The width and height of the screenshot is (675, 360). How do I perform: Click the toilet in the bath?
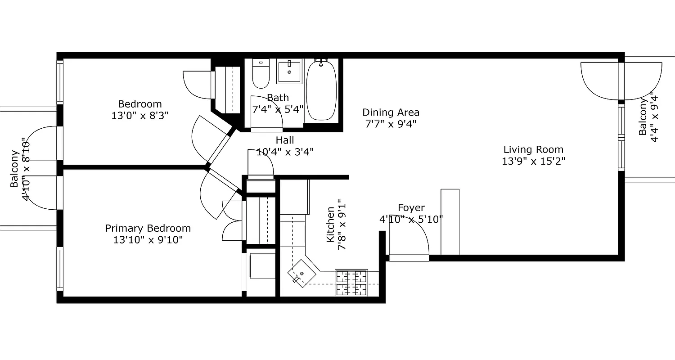click(260, 74)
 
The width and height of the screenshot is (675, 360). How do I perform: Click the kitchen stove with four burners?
click(351, 283)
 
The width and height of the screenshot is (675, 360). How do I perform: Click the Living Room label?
click(533, 149)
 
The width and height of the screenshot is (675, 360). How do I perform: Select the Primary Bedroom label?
click(148, 228)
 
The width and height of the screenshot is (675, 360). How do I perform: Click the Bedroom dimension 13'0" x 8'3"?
click(139, 116)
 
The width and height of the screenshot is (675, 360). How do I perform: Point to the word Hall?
click(285, 140)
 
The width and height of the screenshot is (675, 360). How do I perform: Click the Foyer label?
click(411, 207)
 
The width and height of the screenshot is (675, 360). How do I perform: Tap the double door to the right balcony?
click(621, 81)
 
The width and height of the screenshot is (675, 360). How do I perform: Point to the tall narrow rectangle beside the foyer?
click(450, 222)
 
